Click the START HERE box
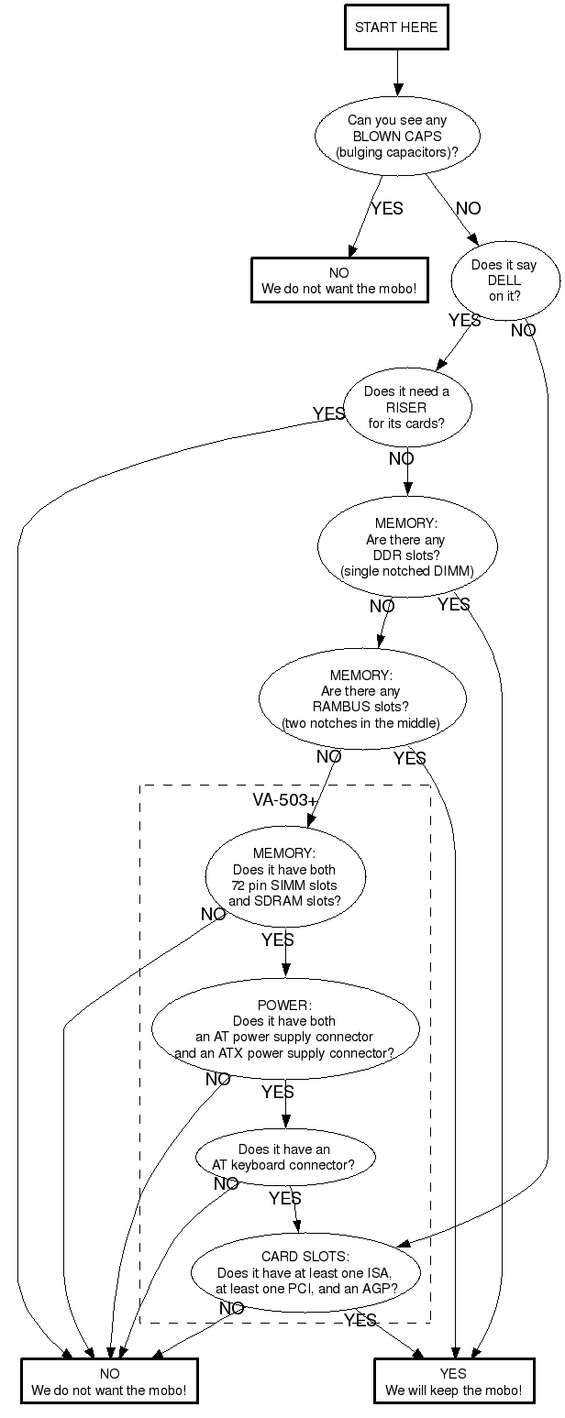[x=397, y=27]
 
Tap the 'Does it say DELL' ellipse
[x=504, y=280]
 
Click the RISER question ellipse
[x=406, y=407]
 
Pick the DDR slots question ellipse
[x=406, y=547]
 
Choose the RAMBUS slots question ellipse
[x=361, y=700]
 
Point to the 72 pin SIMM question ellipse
[x=284, y=877]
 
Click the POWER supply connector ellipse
[x=284, y=1029]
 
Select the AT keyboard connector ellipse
[x=284, y=1157]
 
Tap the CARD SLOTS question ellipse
[x=305, y=1272]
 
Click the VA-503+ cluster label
[x=284, y=799]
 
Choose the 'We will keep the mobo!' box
[x=453, y=1381]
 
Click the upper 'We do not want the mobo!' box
[x=339, y=280]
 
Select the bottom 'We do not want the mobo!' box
[x=109, y=1381]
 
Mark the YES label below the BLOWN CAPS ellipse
[x=386, y=209]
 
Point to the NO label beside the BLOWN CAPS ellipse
[x=468, y=209]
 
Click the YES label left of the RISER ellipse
[x=328, y=414]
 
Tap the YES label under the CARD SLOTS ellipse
[x=360, y=1320]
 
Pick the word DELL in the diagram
[x=504, y=280]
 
